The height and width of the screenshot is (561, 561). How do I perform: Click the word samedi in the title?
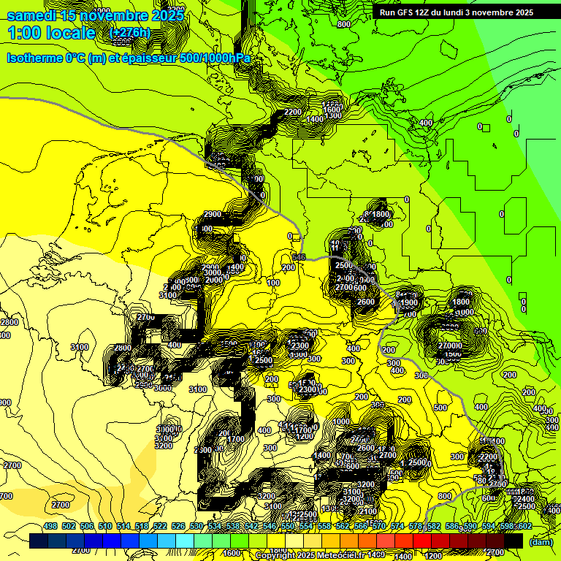point(32,15)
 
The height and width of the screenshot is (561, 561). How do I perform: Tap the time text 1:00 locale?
point(51,33)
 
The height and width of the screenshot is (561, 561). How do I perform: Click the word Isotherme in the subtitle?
point(36,58)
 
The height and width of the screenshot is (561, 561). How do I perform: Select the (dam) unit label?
point(541,541)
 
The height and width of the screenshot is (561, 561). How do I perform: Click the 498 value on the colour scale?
point(50,527)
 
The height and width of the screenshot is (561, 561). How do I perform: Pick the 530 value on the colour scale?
point(196,527)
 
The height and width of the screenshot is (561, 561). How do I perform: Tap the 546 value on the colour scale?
point(270,527)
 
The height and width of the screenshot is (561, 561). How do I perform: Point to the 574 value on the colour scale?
point(397,527)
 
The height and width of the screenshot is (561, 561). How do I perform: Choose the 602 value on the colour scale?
point(524,527)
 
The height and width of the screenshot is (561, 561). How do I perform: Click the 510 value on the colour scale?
point(105,527)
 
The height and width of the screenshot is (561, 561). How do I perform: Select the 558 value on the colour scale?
point(324,527)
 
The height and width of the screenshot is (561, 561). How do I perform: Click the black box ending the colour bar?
point(514,541)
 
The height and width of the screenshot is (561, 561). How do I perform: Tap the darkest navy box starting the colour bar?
point(39,541)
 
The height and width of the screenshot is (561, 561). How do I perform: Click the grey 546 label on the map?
point(298,257)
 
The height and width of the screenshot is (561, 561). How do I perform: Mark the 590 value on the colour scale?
point(470,527)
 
